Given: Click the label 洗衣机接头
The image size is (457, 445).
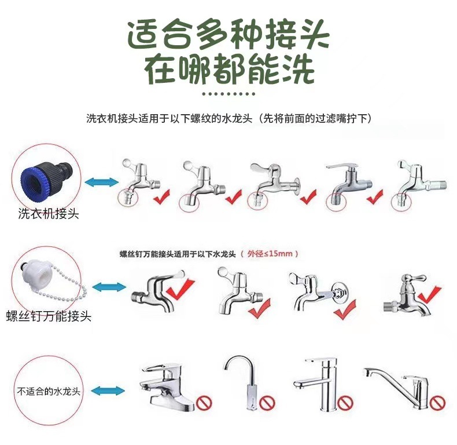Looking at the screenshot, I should [49, 214].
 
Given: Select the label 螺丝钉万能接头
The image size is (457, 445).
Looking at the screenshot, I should [49, 316].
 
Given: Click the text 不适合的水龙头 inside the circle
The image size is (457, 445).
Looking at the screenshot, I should [49, 391].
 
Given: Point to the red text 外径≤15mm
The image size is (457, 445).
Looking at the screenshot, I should [272, 253].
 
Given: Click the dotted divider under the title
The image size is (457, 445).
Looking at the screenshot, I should [228, 93].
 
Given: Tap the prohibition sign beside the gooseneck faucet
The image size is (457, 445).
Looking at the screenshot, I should [267, 402].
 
